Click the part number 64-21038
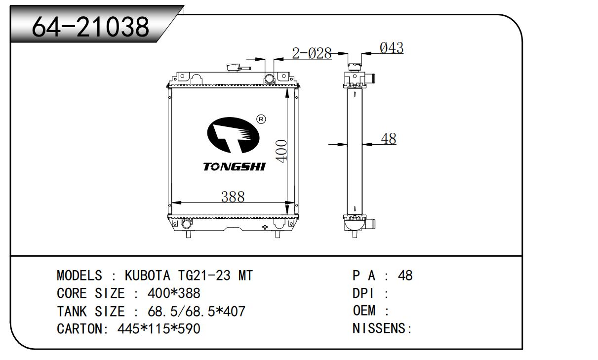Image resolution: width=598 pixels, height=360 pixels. pyautogui.click(x=90, y=27)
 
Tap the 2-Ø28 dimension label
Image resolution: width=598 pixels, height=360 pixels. pyautogui.click(x=312, y=53)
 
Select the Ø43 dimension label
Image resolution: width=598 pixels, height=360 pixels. pyautogui.click(x=392, y=48)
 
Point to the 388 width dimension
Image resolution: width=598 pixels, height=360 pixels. pyautogui.click(x=233, y=197)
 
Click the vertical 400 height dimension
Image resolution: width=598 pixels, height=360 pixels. pyautogui.click(x=281, y=151)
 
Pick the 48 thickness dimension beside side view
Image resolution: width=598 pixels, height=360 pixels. pyautogui.click(x=389, y=139)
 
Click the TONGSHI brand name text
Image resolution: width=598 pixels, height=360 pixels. pyautogui.click(x=234, y=166)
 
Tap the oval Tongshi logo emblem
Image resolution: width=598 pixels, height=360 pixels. pyautogui.click(x=233, y=135)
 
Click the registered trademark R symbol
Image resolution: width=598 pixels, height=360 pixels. pyautogui.click(x=261, y=119)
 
